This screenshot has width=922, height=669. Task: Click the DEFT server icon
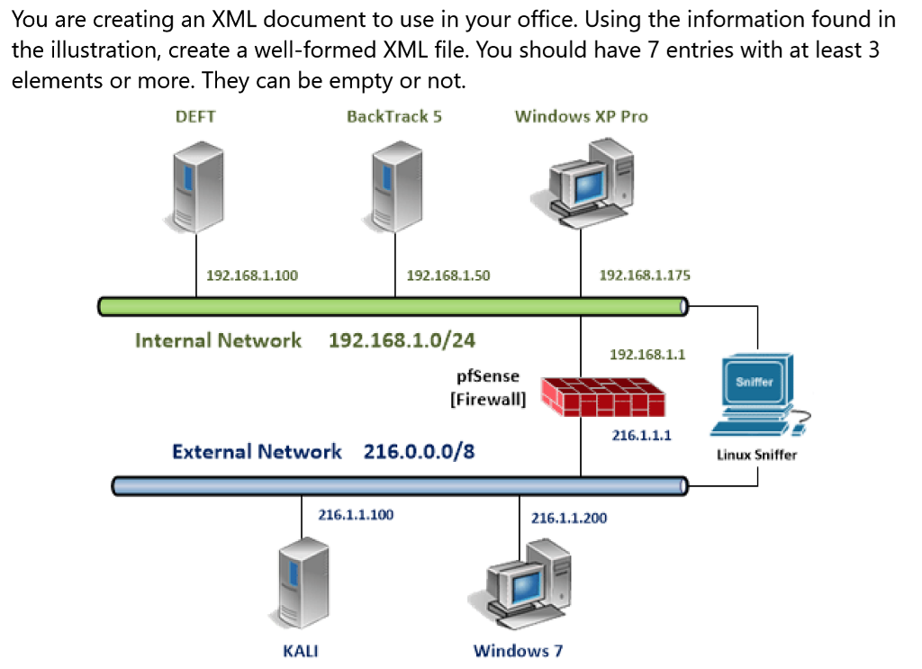coord(196,185)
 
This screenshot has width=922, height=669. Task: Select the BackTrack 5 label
coord(394,116)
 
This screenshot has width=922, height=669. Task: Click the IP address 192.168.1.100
coord(252,276)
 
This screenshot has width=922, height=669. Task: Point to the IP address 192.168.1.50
coord(448,276)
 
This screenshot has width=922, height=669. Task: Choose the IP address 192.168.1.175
coord(645,275)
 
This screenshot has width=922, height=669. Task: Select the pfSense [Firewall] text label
coord(488,388)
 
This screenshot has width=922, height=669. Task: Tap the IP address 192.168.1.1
coord(647,354)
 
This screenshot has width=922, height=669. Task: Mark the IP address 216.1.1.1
coord(641,435)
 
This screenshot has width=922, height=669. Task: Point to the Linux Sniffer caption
coord(756,455)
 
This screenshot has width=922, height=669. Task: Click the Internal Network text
coord(218,340)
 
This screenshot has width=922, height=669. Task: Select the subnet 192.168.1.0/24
coord(402,340)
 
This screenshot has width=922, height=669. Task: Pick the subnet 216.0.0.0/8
coord(419,451)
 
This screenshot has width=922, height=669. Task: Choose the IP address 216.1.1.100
coord(356,515)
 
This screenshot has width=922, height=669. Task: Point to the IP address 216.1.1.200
coord(569,518)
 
